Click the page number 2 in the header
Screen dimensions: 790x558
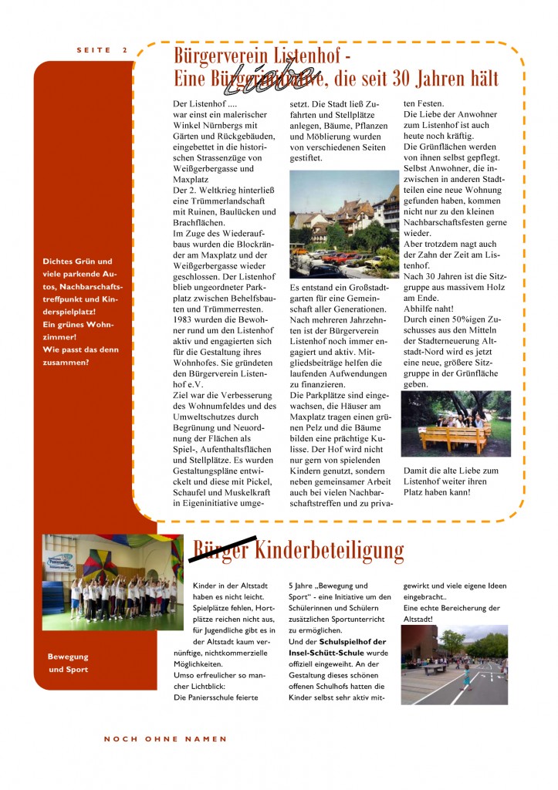124,50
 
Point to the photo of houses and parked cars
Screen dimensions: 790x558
343,224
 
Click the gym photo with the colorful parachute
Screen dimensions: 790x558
113,577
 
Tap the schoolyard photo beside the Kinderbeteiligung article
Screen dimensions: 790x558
454,664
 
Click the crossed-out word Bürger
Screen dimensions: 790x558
220,550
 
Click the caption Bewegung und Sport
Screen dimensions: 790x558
68,663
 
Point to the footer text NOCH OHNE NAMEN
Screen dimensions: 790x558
166,739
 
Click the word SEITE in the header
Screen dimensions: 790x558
93,50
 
